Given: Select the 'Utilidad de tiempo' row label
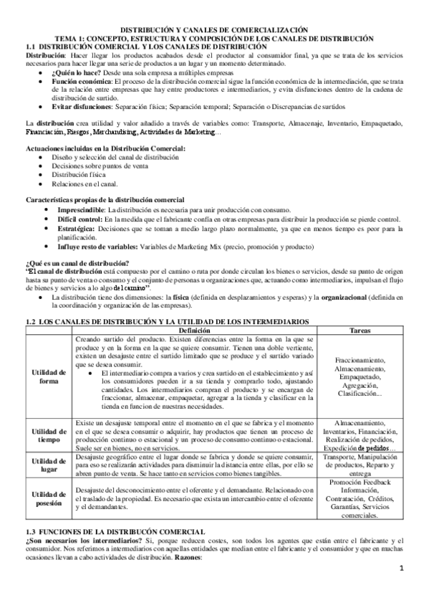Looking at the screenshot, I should tap(49, 434).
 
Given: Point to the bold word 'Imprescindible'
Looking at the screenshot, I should tap(75, 208).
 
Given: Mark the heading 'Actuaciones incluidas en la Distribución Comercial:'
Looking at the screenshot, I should tap(105, 148).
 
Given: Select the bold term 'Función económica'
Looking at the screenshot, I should tap(79, 83).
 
